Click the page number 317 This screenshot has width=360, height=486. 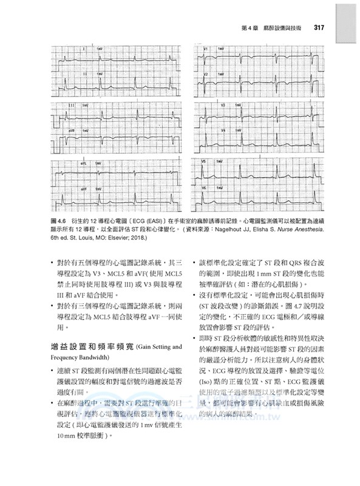321,27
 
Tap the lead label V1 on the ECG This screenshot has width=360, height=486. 207,48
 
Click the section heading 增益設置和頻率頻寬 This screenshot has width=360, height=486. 90,347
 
